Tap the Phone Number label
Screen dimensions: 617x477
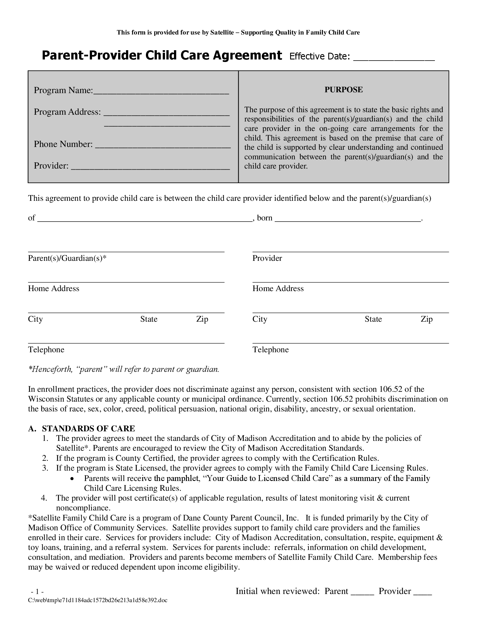[x=63, y=144]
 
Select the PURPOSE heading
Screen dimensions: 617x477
[x=343, y=89]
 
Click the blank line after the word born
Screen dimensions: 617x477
[x=348, y=219]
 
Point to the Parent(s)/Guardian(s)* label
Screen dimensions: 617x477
[x=67, y=258]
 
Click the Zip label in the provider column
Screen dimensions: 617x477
[x=426, y=319]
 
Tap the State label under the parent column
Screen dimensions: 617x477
[x=149, y=319]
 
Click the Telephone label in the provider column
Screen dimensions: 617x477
[x=270, y=350]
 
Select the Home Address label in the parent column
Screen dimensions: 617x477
[x=53, y=288]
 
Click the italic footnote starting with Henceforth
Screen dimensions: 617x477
[x=123, y=369]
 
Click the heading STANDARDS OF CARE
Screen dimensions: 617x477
[x=88, y=429]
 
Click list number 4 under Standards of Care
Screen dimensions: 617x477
[x=44, y=498]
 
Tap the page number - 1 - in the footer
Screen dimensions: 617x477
[x=37, y=591]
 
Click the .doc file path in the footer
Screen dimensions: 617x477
[x=97, y=600]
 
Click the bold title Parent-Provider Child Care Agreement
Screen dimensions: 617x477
[x=162, y=55]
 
